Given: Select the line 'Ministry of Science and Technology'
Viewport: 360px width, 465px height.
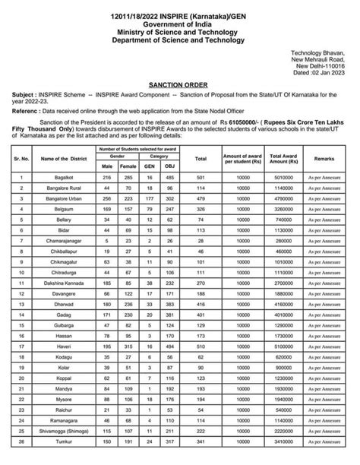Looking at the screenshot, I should point(179,32).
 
